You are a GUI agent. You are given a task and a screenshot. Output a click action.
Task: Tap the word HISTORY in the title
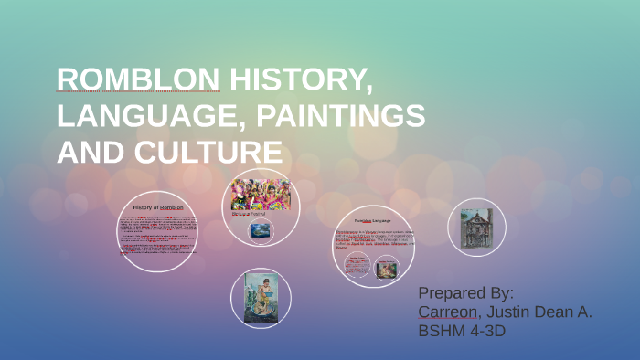(x=302, y=81)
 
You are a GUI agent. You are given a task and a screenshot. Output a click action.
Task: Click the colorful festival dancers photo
(x=261, y=194)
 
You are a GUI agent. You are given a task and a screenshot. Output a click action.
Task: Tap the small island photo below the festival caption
(x=261, y=230)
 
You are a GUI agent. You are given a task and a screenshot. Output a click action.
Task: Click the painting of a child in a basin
(x=261, y=298)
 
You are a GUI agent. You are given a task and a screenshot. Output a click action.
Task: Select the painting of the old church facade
(x=476, y=227)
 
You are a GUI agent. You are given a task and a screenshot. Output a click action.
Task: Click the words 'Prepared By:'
(x=465, y=293)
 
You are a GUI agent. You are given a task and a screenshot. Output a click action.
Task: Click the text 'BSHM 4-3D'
(x=461, y=332)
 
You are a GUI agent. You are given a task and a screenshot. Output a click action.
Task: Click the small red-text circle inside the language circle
(x=357, y=265)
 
